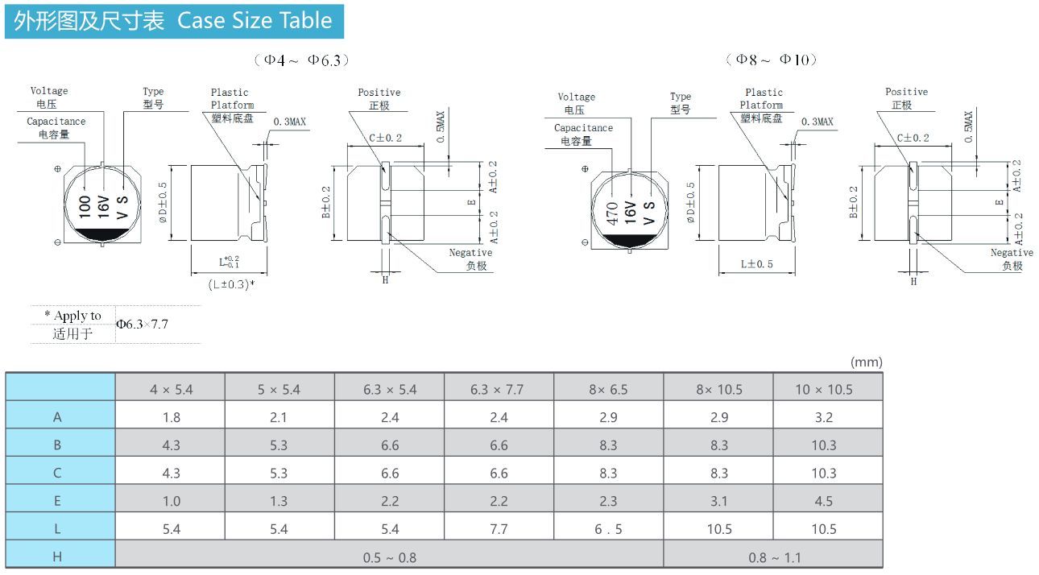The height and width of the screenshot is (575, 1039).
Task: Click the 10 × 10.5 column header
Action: pos(824,390)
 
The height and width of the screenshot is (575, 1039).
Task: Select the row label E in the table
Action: pos(57,501)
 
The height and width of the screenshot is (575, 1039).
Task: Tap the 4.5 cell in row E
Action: pos(824,501)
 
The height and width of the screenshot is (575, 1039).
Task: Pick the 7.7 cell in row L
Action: pos(499,529)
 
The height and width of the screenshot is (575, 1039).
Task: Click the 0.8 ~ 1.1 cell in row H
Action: pos(775,557)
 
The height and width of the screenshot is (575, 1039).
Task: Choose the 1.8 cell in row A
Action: pos(172,417)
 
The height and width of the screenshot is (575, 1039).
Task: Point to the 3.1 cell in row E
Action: pos(719,501)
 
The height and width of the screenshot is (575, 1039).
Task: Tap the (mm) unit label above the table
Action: pos(866,362)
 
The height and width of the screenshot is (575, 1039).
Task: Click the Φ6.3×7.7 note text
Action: pos(142,324)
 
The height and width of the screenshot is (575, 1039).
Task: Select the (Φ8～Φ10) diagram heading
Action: pos(772,60)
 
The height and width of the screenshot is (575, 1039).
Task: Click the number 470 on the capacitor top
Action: pos(612,213)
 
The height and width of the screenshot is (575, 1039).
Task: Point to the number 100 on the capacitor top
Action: pos(85,207)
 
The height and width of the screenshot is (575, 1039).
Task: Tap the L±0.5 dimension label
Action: pos(756,264)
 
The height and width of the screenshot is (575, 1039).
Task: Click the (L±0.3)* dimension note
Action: pos(231,284)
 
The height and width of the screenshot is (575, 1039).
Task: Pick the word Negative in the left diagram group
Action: pos(470,253)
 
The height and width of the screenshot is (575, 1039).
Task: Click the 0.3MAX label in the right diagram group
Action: pos(817,122)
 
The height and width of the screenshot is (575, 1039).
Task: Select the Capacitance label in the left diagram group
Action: pos(56,122)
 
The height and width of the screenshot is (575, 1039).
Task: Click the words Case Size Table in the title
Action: pos(255,21)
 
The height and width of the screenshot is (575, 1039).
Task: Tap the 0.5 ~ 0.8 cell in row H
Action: pos(390,557)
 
